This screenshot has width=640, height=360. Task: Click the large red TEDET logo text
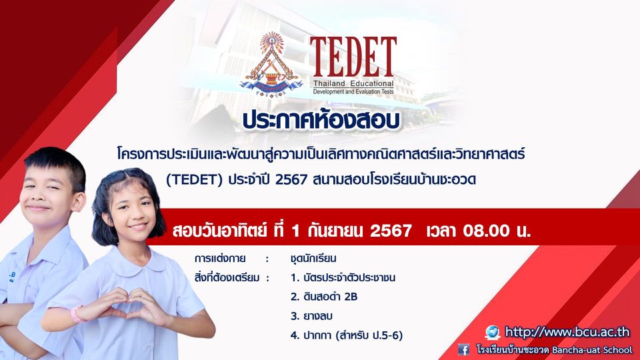pos(353,57)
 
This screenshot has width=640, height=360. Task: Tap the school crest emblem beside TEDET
pos(271,65)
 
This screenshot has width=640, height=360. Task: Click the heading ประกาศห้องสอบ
pos(321,121)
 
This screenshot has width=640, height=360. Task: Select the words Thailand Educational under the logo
pos(353,84)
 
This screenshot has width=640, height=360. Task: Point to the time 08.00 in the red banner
pos(486,231)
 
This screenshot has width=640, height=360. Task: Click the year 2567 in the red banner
pos(391,231)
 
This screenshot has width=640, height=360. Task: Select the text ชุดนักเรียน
pos(313,259)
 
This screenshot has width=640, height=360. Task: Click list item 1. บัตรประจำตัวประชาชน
pos(343,277)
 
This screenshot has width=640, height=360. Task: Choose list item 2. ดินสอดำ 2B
pos(324,297)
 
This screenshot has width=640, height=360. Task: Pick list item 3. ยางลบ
pos(311,316)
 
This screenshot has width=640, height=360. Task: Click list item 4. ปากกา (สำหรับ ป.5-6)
pos(347,335)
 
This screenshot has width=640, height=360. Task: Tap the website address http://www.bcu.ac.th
pos(567,332)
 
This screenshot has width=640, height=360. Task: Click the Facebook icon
pos(464,350)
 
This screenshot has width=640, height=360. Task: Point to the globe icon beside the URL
pos(493,332)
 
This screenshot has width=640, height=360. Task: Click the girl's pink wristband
pos(76,314)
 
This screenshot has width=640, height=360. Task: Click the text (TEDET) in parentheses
pos(194,179)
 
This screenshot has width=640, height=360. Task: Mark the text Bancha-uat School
pos(592,350)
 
